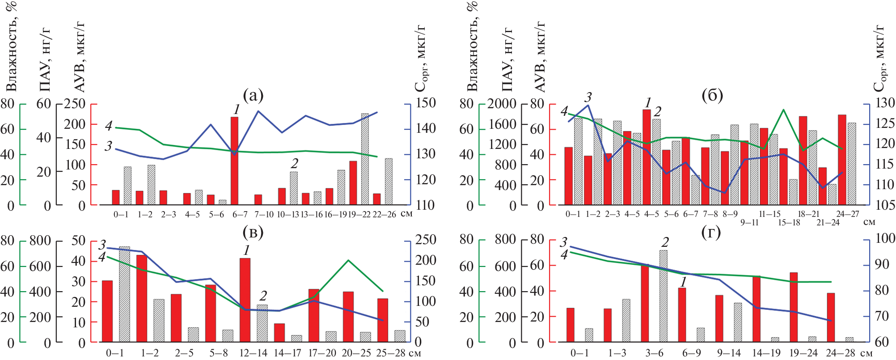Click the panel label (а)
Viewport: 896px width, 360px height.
[253, 95]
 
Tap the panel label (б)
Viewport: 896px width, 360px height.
[712, 95]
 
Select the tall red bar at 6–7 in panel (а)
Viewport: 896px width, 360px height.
[234, 161]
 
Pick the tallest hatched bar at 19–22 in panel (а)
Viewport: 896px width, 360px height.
[365, 159]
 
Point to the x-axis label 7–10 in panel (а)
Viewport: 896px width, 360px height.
[264, 215]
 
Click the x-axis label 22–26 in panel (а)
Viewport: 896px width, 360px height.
[385, 215]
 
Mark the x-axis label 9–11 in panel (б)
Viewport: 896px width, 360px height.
[749, 222]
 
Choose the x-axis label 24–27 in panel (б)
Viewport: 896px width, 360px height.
[848, 214]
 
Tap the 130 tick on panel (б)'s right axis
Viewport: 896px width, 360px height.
[885, 103]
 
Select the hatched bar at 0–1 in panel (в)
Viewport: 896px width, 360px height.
[125, 294]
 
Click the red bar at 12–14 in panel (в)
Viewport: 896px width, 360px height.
[245, 300]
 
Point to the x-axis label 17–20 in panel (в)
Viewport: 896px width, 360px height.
[322, 353]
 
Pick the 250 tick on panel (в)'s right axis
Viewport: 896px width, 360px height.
[426, 240]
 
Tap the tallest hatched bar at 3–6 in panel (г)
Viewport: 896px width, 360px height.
[663, 296]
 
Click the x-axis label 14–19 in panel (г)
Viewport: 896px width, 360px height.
[766, 353]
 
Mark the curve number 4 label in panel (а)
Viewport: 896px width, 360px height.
[109, 126]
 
